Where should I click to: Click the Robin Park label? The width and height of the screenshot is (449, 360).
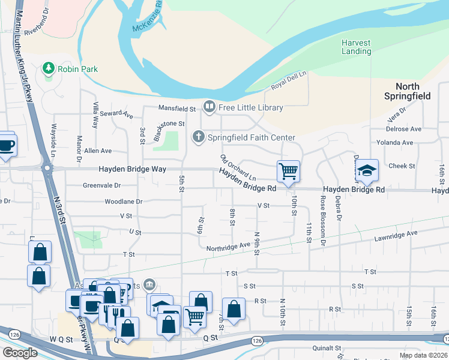tap(77, 69)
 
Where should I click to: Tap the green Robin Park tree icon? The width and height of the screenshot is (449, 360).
tap(49, 68)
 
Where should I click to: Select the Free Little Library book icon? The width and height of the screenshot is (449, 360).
tap(209, 107)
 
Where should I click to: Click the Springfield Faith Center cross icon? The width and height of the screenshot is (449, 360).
tap(199, 137)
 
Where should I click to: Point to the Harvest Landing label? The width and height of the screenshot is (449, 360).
tap(356, 47)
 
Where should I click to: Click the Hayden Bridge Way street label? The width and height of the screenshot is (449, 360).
tap(133, 169)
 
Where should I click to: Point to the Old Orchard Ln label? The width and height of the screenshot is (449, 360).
tap(238, 168)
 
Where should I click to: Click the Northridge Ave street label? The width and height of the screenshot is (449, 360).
tap(228, 245)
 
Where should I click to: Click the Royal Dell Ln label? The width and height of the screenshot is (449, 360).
tap(288, 81)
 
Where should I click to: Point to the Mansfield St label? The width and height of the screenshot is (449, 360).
tap(177, 109)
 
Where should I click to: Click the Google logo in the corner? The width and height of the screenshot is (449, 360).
tap(20, 352)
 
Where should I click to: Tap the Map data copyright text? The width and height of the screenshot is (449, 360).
tap(423, 355)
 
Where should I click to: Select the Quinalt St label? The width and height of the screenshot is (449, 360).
tap(327, 347)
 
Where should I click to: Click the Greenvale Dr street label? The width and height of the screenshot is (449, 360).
tap(101, 185)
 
